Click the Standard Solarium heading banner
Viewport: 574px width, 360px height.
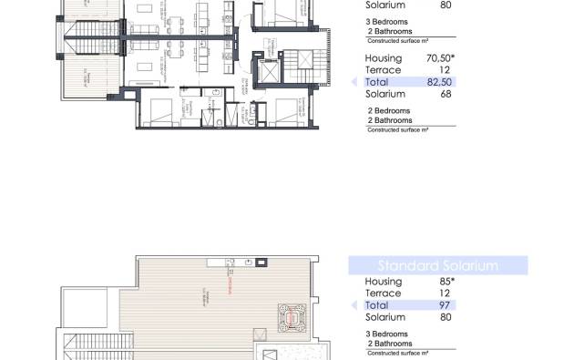(x=438, y=266)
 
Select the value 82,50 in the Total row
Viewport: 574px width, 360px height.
(x=441, y=82)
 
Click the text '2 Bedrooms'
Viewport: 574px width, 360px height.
(x=387, y=111)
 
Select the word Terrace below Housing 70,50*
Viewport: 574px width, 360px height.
(x=383, y=69)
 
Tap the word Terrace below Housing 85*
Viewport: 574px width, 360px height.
(x=383, y=293)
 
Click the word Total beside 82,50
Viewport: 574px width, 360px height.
(x=377, y=82)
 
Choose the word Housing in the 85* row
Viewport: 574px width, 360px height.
(x=384, y=282)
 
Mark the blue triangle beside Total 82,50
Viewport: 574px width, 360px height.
(x=355, y=82)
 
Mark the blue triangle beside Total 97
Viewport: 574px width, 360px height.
(x=355, y=305)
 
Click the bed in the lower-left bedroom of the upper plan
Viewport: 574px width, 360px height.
(x=159, y=108)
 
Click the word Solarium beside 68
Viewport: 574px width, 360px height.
(x=384, y=94)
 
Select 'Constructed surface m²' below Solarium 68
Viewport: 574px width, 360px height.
(x=397, y=130)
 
